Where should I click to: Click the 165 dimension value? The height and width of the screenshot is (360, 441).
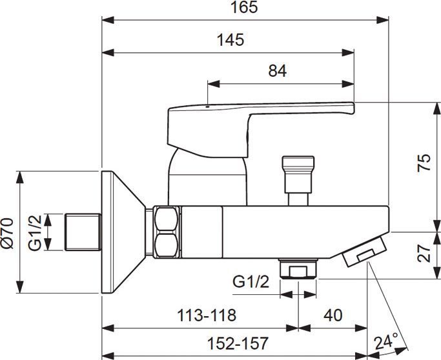pos(244,7)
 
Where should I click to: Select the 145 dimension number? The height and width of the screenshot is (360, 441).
pos(231,39)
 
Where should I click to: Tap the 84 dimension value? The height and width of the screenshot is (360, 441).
pos(277,71)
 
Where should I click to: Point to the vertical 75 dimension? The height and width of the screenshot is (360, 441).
pos(424,163)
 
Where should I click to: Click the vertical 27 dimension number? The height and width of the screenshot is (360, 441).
pos(424,253)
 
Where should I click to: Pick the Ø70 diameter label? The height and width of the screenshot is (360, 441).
pos(7,233)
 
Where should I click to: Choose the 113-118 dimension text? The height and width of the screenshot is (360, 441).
pos(207,315)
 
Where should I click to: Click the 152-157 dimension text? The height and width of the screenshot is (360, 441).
pos(238,343)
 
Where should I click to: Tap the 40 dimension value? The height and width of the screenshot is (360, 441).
pos(333,315)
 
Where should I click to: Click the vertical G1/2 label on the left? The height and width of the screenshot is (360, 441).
pos(35,233)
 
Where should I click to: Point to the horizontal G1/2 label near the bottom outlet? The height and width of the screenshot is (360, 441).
pos(251,281)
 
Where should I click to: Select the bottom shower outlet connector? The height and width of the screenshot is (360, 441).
pos(298,269)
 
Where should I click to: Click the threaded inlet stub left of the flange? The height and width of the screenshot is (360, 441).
pos(83,232)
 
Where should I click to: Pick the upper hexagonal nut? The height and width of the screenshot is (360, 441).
pos(167,219)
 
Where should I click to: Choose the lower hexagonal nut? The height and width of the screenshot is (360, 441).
pos(167,245)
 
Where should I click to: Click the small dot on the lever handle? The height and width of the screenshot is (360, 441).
pos(207,107)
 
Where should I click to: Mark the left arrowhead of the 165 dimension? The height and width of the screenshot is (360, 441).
pos(108,20)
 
